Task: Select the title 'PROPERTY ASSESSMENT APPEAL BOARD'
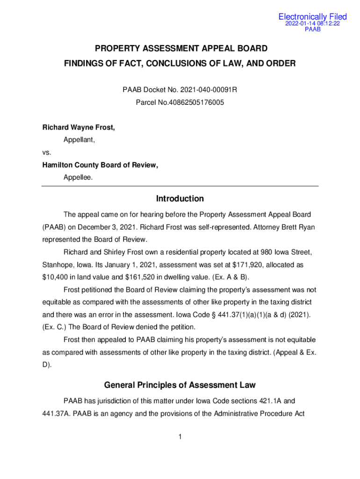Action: [x=181, y=48]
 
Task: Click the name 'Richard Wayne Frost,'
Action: [x=79, y=127]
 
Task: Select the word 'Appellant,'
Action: [x=79, y=139]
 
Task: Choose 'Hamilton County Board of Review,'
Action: [x=100, y=165]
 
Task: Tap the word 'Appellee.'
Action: [x=78, y=177]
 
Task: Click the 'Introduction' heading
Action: [x=180, y=199]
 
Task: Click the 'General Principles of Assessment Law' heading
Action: [x=180, y=385]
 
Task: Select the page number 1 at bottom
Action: [x=180, y=437]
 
